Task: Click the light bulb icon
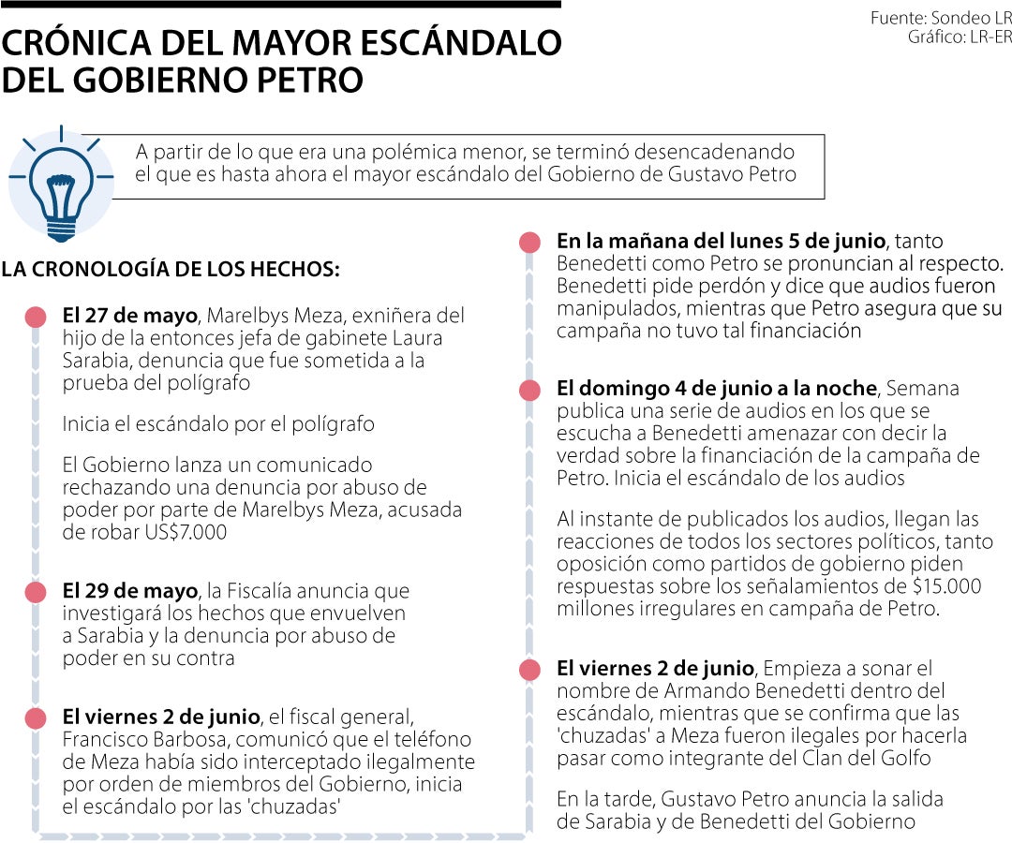click(x=61, y=182)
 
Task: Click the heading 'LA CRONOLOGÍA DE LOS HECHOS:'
click(x=171, y=269)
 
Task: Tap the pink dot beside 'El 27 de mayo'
click(x=36, y=317)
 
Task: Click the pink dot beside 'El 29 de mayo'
click(x=36, y=592)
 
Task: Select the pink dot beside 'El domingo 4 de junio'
click(x=529, y=390)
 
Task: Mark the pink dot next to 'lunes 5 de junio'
click(x=529, y=242)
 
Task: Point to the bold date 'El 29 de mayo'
click(x=129, y=592)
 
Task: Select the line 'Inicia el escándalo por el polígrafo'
click(x=218, y=424)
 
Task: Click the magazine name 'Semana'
click(x=923, y=389)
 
